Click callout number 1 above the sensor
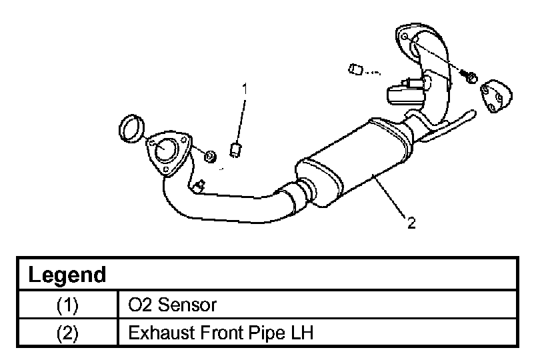(x=245, y=89)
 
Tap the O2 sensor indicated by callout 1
(x=236, y=150)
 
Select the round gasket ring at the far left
(x=131, y=129)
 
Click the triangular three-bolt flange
(x=169, y=153)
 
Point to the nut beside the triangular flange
(x=210, y=156)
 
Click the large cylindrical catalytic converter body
(x=354, y=163)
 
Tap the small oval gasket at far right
(x=496, y=97)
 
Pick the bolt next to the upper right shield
(x=470, y=77)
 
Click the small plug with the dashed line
(x=355, y=69)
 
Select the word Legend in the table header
(x=67, y=275)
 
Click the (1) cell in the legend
(x=67, y=305)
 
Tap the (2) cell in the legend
(x=67, y=333)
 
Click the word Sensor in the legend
(x=187, y=305)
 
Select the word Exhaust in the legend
(x=161, y=333)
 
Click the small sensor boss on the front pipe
(x=199, y=186)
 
